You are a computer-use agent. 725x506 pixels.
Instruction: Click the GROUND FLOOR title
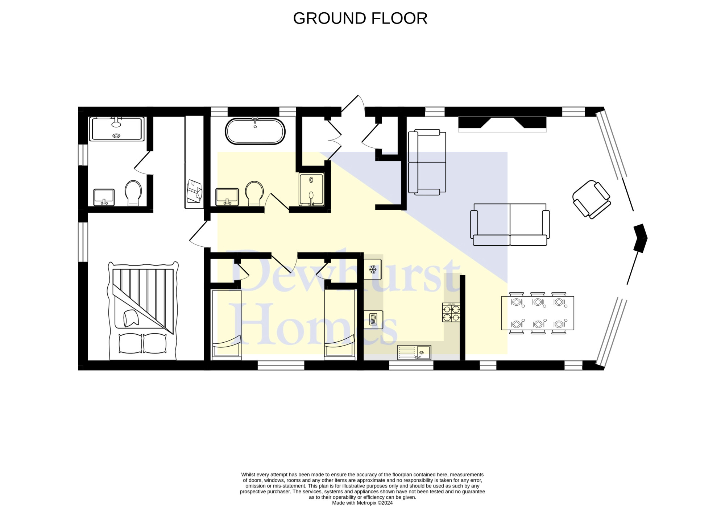point(360,18)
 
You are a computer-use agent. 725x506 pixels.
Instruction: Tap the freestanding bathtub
point(255,131)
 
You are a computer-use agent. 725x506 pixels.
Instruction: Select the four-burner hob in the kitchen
point(451,313)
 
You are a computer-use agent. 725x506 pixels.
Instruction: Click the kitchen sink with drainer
point(414,352)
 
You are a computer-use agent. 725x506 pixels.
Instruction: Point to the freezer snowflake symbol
point(373,269)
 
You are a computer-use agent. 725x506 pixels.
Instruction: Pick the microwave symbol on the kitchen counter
point(373,320)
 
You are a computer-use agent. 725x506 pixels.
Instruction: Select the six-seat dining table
point(538,313)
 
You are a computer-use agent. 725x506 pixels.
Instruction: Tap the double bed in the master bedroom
point(143,311)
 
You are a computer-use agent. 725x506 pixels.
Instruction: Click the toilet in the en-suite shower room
point(133,193)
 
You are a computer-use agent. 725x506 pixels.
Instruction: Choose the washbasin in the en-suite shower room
point(104,197)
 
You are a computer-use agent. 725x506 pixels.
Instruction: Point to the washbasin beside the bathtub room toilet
point(227,197)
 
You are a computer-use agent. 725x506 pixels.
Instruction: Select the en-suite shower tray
point(116,129)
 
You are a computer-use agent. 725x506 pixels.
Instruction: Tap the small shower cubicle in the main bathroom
point(311,189)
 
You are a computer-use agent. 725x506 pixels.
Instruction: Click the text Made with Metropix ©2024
point(362,503)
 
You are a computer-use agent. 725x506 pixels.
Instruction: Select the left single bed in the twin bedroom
point(227,325)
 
